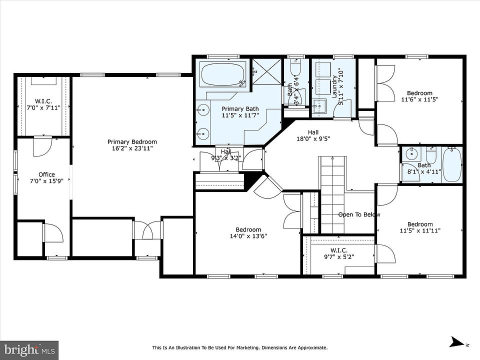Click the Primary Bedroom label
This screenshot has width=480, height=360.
pos(132,141)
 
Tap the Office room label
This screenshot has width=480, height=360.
pos(46,174)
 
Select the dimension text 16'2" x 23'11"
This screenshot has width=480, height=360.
pos(132,148)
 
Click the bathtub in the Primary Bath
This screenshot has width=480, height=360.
pos(223,74)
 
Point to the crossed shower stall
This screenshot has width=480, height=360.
pos(266,71)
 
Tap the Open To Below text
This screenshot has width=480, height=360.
pos(359,214)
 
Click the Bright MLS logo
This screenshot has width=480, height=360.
pos(29,349)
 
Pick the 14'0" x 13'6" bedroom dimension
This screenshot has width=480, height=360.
pos(248,236)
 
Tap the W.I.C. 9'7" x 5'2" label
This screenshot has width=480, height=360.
pos(339,254)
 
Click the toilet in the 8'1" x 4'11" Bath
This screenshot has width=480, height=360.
pos(431,155)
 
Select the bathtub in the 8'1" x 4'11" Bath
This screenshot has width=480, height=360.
pos(452,165)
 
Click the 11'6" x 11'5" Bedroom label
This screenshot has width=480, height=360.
pos(419,96)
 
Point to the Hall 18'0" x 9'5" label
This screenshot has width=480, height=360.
pos(313,135)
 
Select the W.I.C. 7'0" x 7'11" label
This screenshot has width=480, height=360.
pos(43,104)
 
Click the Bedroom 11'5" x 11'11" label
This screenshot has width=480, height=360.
pos(420,227)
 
